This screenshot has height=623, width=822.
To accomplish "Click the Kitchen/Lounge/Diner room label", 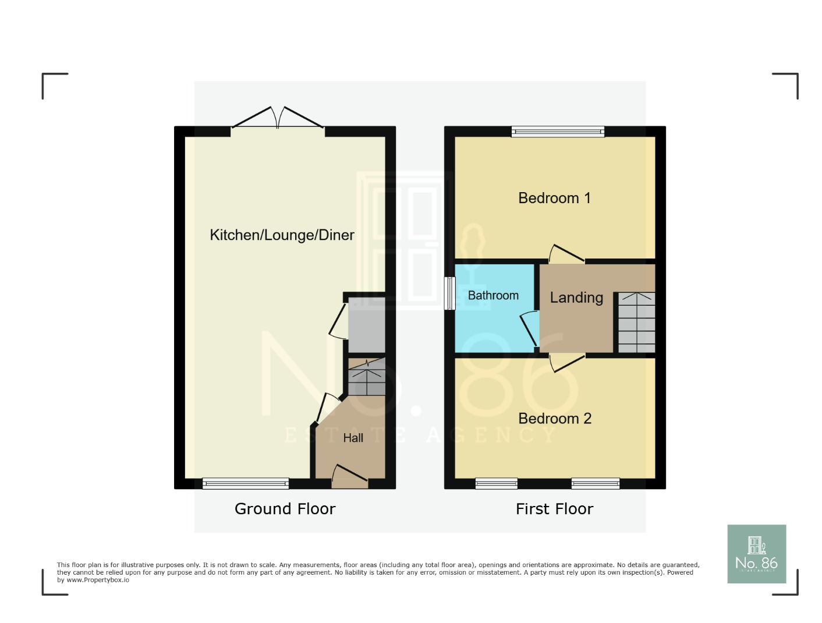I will coord(282,235).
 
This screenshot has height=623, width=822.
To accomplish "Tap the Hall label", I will coord(353,438).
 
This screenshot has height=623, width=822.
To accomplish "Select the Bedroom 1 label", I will coord(554,198).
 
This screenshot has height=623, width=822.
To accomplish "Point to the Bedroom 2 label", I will coord(554,419).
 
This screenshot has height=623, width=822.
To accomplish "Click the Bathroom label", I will coord(493,295).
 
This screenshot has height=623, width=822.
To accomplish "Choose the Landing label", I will coord(576,298).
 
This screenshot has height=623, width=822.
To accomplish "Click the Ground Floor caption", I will coord(285,509).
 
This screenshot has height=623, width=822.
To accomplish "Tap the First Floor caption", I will coord(554,509).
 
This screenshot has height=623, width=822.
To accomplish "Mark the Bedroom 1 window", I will coord(558,132).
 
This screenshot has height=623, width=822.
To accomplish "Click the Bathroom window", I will coord(449,293).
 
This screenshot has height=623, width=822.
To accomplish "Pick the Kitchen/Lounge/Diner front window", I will coord(245,483).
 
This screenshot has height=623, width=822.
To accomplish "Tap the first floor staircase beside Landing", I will coord(636,323).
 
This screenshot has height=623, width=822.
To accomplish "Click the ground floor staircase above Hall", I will coord(367,377).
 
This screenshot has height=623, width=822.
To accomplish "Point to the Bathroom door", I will coord(530,330).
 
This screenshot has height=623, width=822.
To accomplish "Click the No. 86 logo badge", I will coord(756,554).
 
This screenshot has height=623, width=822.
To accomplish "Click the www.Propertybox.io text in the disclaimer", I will coord(97,580).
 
